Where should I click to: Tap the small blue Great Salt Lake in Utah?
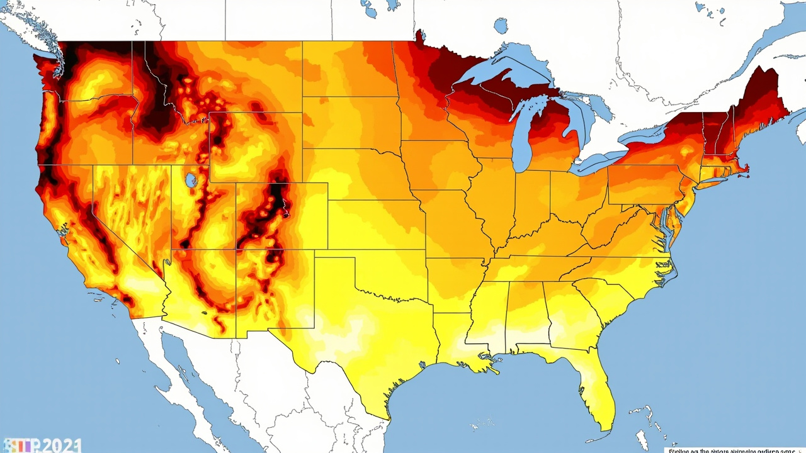click(x=191, y=181)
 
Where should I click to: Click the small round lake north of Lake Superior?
click(x=501, y=26)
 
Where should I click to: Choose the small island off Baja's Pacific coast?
click(x=117, y=361)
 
